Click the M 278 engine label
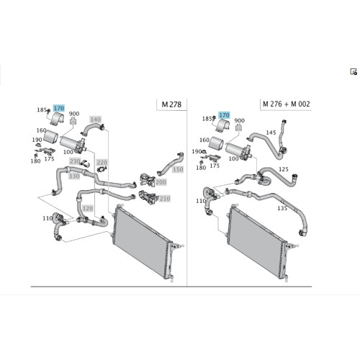click(x=171, y=104)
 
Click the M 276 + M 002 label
click(x=287, y=104)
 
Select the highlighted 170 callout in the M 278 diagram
click(x=59, y=108)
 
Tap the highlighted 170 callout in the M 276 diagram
click(x=224, y=115)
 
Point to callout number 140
click(x=95, y=120)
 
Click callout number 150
click(x=178, y=169)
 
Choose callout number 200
click(x=161, y=182)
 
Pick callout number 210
click(x=165, y=199)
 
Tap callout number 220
click(x=102, y=163)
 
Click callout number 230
click(x=75, y=161)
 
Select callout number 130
click(x=74, y=176)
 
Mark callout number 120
click(x=87, y=208)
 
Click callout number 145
click(x=271, y=132)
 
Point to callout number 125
click(x=284, y=169)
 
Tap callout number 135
click(x=282, y=208)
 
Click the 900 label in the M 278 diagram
click(x=74, y=114)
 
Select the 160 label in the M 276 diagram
click(x=204, y=140)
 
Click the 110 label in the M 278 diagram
click(x=48, y=218)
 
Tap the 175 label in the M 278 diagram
click(x=49, y=159)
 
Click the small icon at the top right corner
click(x=354, y=71)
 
